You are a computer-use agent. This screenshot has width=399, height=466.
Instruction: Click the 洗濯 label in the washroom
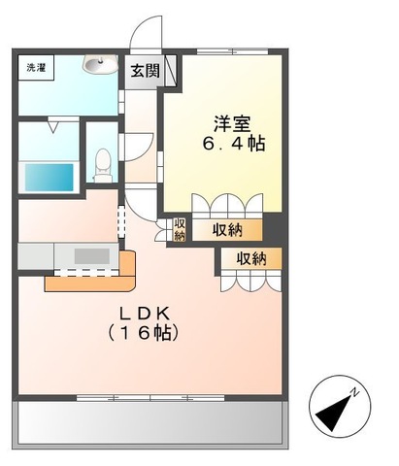point(35,69)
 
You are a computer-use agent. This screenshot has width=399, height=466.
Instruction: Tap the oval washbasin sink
point(96,66)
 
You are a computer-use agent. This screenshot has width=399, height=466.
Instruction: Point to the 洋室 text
point(232,123)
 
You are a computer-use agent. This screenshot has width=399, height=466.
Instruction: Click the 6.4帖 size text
point(233,143)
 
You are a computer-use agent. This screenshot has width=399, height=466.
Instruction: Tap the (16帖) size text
point(146,332)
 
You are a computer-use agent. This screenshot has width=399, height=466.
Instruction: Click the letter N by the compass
point(355,392)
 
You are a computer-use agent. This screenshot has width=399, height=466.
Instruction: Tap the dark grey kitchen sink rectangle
point(93,256)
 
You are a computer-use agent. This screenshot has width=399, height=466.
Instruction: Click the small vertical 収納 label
point(180,229)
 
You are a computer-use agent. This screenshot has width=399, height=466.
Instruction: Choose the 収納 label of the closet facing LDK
point(250,259)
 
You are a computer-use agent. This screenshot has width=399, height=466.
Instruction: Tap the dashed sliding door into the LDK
point(121,220)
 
